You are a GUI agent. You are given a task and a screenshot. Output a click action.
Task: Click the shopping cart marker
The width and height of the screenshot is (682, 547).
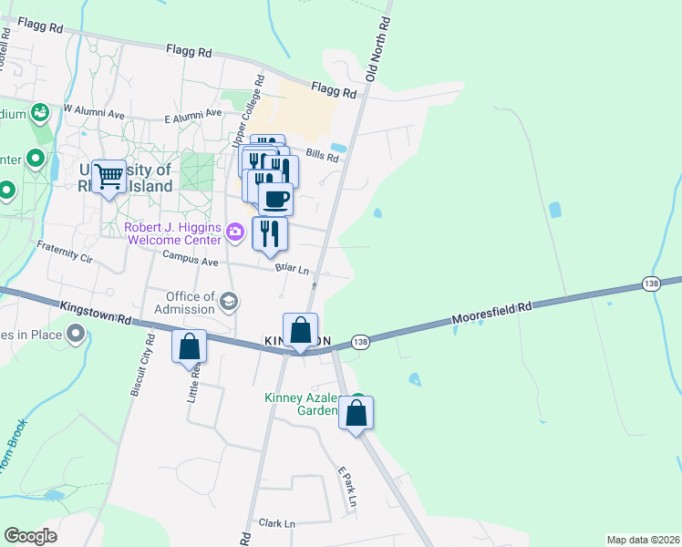click(108, 176)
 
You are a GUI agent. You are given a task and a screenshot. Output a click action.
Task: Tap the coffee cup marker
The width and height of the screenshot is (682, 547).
click(275, 199)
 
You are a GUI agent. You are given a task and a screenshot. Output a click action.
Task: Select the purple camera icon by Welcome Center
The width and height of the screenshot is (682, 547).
click(235, 232)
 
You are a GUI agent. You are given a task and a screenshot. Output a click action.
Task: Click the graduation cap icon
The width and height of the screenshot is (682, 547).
click(228, 300)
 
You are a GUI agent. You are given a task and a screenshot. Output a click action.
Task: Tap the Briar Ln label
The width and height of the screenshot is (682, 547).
click(292, 270)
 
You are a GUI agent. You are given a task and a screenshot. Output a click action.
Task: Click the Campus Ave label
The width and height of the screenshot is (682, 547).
click(191, 260)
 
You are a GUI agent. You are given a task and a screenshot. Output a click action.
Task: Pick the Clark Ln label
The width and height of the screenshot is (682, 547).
click(278, 523)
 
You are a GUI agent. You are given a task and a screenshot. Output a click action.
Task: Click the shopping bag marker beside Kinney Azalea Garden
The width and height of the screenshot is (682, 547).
click(356, 412)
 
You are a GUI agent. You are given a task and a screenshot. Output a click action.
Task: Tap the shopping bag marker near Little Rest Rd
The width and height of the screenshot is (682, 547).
click(189, 347)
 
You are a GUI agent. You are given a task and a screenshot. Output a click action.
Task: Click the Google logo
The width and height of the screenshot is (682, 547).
click(30, 536)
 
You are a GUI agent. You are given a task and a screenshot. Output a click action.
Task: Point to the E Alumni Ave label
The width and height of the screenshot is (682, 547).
click(193, 115)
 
